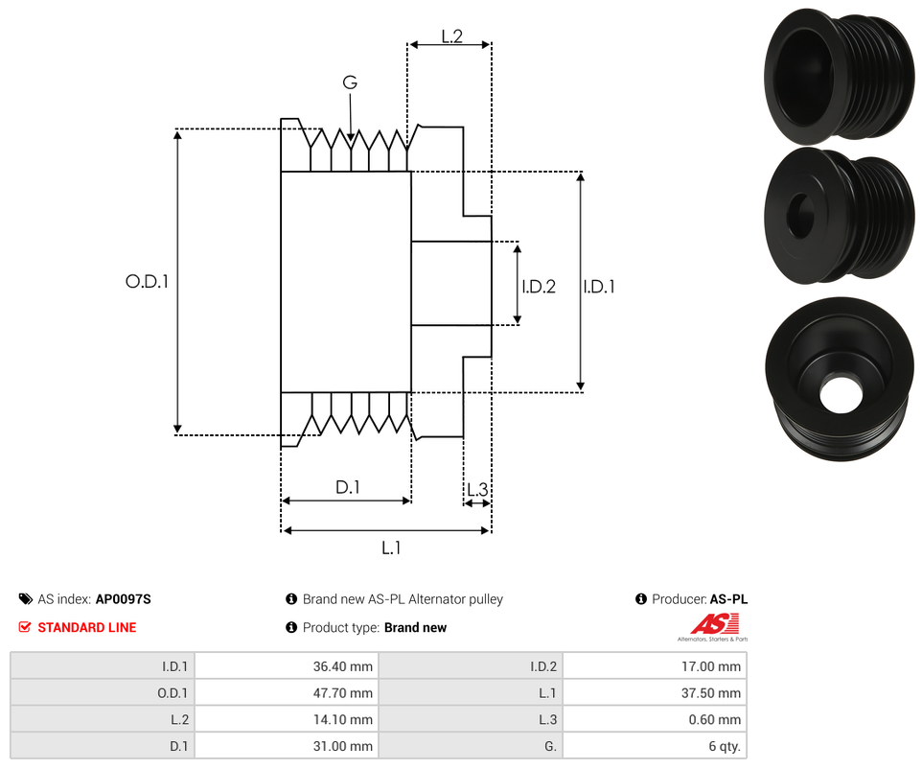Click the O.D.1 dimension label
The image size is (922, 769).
click(147, 282)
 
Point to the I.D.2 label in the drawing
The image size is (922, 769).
click(539, 286)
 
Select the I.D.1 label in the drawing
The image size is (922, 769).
click(600, 286)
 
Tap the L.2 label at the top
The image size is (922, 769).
click(451, 36)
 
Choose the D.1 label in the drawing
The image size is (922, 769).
click(347, 487)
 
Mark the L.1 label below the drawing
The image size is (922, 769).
click(391, 548)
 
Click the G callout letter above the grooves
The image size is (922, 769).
click(350, 83)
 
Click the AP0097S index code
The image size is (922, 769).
click(124, 599)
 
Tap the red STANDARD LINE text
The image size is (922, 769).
click(86, 627)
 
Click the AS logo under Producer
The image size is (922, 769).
click(717, 624)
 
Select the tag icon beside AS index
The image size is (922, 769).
click(25, 599)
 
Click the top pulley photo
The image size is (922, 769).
click(838, 76)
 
